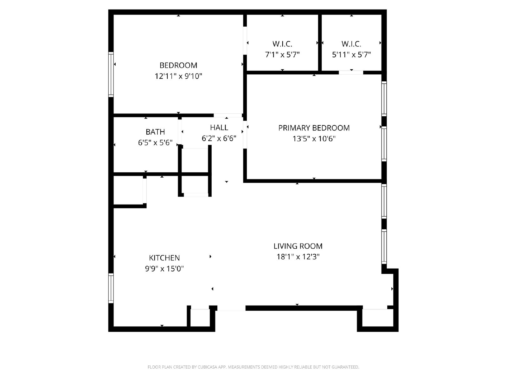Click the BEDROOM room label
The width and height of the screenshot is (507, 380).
tap(178, 65)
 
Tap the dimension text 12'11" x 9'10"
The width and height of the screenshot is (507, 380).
tap(178, 76)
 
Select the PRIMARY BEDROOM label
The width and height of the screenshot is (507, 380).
tap(314, 128)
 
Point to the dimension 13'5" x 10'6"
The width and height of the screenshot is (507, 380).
tap(314, 139)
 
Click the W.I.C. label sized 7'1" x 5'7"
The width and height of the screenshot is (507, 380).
tap(282, 44)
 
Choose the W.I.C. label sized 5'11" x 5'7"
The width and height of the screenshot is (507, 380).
tap(351, 44)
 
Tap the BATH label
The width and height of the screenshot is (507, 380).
tap(155, 132)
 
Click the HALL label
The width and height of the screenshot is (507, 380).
tap(219, 128)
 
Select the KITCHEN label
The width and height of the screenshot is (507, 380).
tap(164, 258)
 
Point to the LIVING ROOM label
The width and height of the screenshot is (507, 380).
tap(298, 246)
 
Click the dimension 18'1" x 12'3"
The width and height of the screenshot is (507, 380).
tap(298, 257)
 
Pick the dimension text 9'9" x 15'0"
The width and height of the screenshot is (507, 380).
tap(164, 269)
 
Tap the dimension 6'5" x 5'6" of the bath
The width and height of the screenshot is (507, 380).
tap(155, 143)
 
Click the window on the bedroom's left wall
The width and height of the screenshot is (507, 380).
tap(111, 74)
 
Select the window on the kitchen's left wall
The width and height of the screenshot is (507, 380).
tap(111, 288)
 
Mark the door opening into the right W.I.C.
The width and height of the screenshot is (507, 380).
tap(351, 73)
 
